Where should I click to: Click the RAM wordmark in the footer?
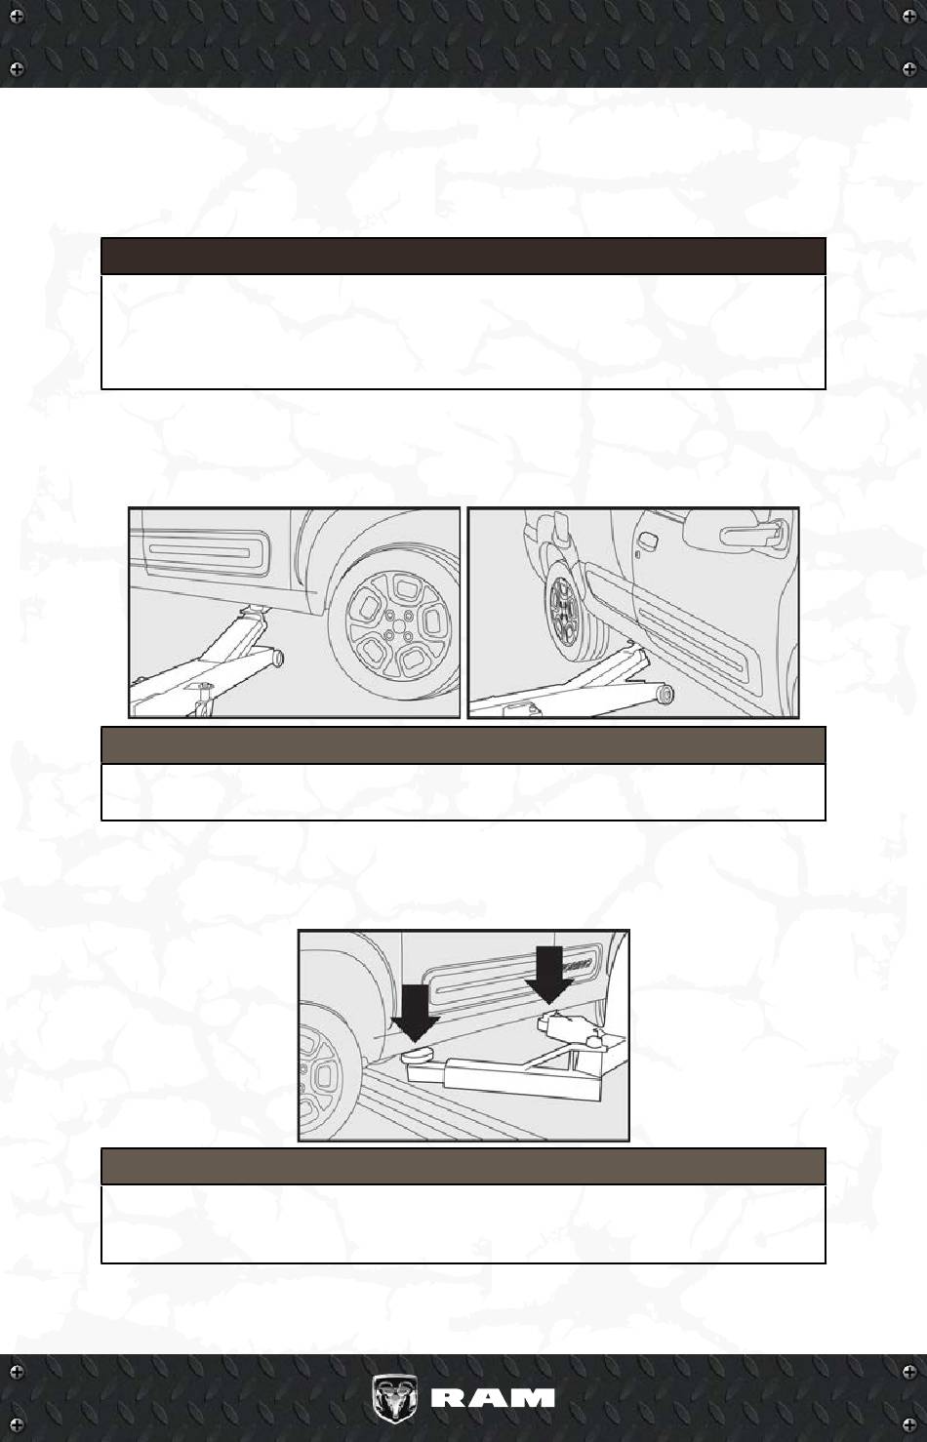click(493, 1398)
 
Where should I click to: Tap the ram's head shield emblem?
click(394, 1398)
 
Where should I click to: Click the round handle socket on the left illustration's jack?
click(278, 658)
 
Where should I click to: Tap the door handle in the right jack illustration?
click(752, 533)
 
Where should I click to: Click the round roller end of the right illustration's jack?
click(665, 695)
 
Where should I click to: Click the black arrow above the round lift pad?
click(416, 1013)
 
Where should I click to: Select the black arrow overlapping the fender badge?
click(548, 974)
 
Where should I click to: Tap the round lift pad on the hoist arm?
click(418, 1054)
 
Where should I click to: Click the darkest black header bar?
click(463, 256)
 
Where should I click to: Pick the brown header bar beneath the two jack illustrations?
click(463, 744)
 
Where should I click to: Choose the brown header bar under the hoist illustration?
click(463, 1166)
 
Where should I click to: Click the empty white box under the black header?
click(463, 332)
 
